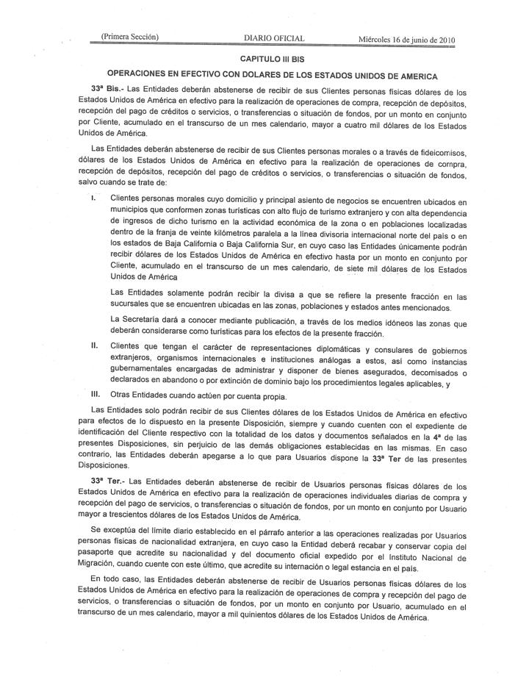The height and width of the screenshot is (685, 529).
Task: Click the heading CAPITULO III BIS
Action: [x=272, y=57]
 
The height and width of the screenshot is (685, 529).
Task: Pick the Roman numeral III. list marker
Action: [x=96, y=395]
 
